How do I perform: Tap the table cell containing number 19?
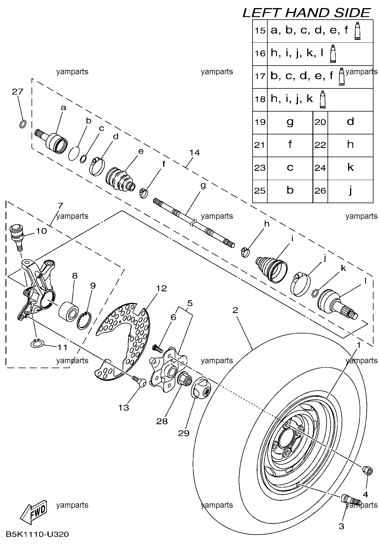[260, 123]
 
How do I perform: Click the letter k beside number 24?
[350, 168]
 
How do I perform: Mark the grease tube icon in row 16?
[333, 54]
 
